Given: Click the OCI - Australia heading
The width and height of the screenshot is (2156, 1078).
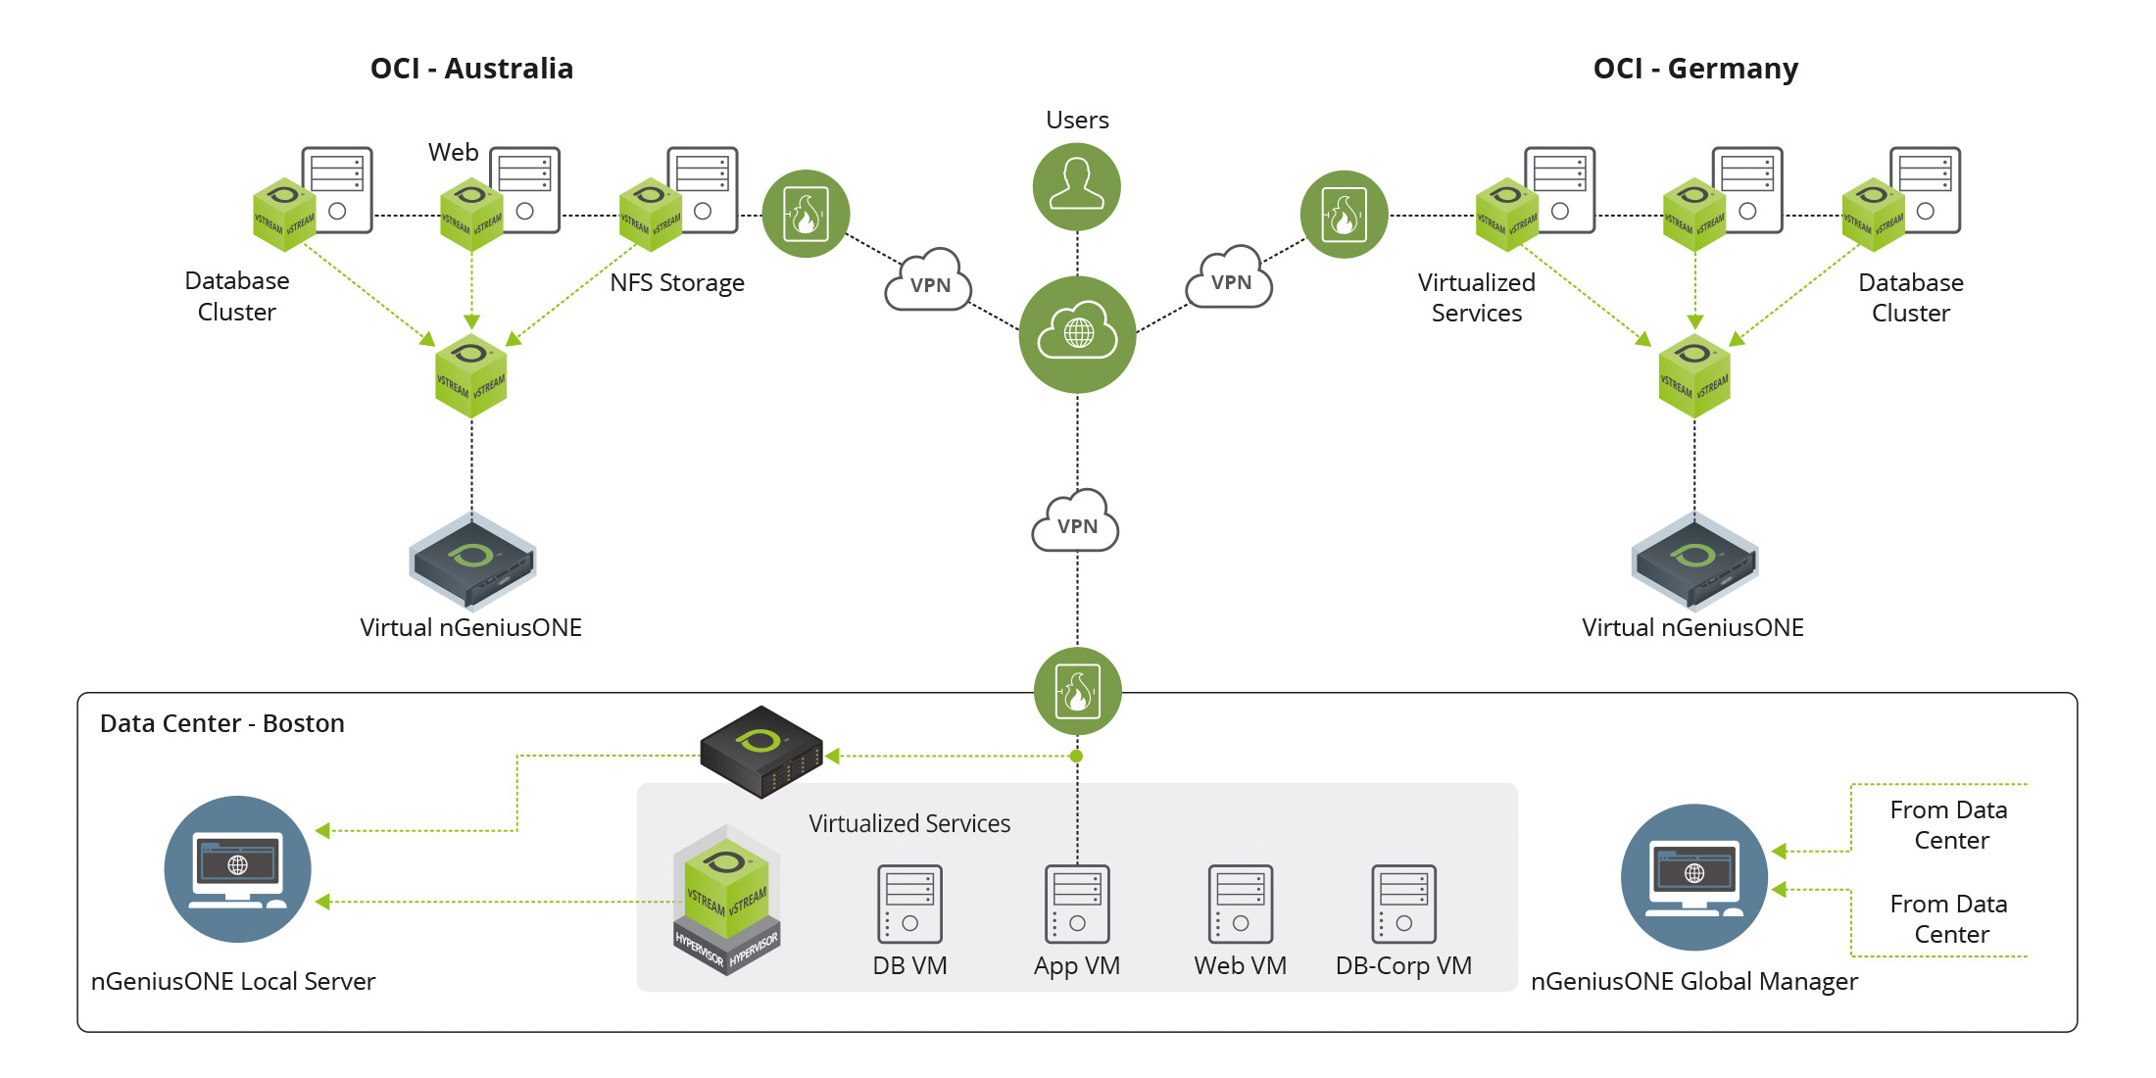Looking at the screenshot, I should (471, 69).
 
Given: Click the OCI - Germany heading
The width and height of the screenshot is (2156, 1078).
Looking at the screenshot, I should (1695, 69).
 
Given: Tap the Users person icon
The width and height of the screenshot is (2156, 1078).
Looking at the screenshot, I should (1077, 186).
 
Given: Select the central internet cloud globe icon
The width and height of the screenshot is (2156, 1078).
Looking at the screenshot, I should (1077, 334).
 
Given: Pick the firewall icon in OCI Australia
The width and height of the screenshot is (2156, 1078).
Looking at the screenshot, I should (806, 214).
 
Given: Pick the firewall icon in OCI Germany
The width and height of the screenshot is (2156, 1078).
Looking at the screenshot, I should (1344, 214).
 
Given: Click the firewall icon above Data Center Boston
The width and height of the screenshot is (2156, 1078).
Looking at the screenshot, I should (1077, 691).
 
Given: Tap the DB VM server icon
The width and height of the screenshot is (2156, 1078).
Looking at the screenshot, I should (909, 904).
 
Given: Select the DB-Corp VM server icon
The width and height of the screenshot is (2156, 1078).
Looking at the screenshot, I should (1403, 904).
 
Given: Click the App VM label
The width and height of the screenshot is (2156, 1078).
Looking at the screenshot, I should (1076, 966).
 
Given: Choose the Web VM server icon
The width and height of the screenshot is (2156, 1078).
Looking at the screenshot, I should (1240, 904).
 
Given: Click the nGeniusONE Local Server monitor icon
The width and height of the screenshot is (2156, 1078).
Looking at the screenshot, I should (237, 869).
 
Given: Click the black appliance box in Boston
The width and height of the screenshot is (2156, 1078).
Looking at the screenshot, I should (761, 751).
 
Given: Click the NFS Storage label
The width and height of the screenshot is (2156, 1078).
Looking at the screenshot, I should (676, 283).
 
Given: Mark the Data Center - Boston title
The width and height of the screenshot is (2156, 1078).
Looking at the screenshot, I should (222, 723).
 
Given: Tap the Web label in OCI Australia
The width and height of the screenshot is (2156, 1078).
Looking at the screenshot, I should (453, 153).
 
